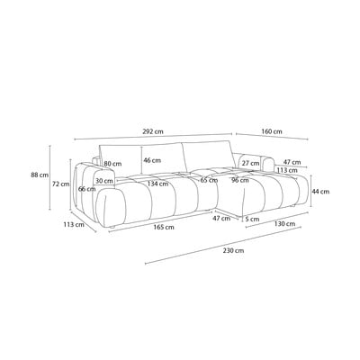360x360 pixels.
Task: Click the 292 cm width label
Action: point(153,131)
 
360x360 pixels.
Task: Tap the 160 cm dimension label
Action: point(272,131)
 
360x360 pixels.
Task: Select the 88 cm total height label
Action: point(40,175)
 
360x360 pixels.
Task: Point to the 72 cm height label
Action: point(61,184)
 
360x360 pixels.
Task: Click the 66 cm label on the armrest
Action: point(86,189)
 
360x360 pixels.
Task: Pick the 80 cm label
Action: point(112,164)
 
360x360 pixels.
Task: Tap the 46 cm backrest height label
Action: point(152,160)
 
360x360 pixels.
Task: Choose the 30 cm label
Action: point(104,181)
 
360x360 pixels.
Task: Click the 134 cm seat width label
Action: point(157,184)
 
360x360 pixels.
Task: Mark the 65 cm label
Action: point(209,180)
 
